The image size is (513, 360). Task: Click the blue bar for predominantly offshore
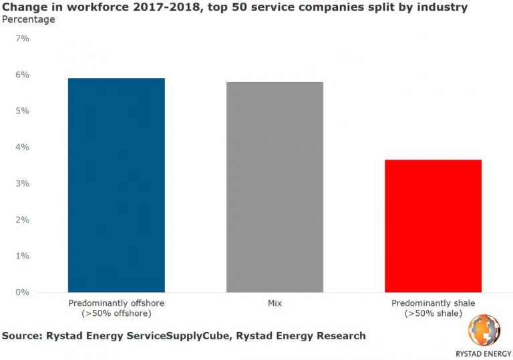click(x=116, y=185)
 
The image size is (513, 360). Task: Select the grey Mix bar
click(x=275, y=187)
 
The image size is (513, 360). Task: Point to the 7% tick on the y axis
click(x=22, y=39)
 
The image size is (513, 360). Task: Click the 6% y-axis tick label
click(x=22, y=75)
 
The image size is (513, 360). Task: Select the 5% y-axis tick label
click(x=22, y=111)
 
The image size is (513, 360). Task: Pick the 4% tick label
click(x=22, y=147)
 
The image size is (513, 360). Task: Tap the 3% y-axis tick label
click(x=22, y=184)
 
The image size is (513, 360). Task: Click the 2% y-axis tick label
click(x=22, y=220)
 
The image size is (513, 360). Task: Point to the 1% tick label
click(x=22, y=256)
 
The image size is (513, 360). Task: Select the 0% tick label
click(x=22, y=293)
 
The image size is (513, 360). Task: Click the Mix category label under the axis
click(x=275, y=303)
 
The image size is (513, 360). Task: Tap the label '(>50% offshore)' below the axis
click(x=116, y=313)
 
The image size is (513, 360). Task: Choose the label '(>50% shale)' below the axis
click(x=433, y=313)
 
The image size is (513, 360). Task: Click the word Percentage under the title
click(x=29, y=19)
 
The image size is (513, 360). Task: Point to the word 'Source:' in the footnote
click(x=21, y=335)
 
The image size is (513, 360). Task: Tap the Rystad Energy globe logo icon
click(x=484, y=330)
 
